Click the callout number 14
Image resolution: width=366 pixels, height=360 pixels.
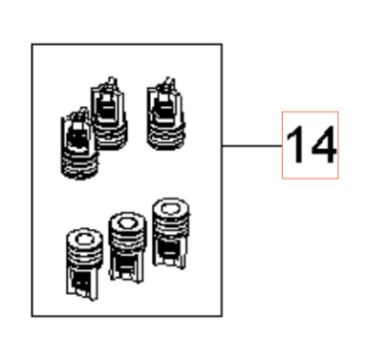[x=309, y=146]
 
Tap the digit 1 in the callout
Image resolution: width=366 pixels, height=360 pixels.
[x=296, y=146]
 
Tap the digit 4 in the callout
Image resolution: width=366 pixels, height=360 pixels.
[x=320, y=146]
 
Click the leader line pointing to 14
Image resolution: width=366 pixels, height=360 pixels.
[x=252, y=146]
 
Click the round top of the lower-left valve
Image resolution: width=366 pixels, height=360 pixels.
[x=81, y=238]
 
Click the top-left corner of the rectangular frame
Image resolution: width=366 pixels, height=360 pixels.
[x=32, y=43]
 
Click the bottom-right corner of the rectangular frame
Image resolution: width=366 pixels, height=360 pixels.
[x=224, y=315]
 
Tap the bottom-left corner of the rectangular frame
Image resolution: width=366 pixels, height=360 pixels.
[x=32, y=315]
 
